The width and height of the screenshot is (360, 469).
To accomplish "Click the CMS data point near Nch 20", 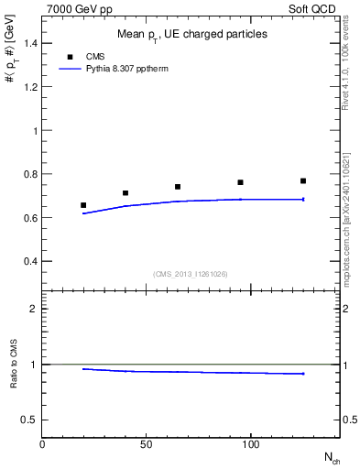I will tap(83, 205).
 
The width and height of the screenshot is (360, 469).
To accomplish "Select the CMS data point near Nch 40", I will tap(125, 193).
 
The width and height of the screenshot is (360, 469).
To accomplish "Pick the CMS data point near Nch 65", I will tap(178, 187).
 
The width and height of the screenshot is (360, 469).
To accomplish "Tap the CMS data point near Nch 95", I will tap(240, 182).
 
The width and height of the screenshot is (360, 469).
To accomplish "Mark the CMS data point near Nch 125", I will tap(303, 180).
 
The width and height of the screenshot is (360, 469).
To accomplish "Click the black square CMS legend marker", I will tap(70, 57).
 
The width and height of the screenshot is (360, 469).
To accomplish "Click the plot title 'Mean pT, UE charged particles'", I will tap(192, 34).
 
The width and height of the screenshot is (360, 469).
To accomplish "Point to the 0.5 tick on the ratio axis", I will tap(28, 420).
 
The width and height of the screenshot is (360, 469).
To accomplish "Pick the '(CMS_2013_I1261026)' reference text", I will tap(191, 273).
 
